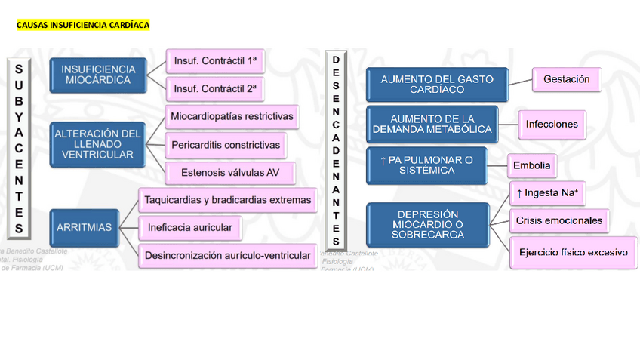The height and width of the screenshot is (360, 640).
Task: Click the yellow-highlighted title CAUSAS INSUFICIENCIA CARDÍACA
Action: coord(83,25)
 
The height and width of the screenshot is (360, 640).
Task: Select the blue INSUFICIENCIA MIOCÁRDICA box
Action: coord(98,75)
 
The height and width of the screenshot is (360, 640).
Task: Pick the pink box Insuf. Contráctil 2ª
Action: coord(214,88)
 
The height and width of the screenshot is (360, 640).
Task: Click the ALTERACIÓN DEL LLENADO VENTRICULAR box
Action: coord(97,144)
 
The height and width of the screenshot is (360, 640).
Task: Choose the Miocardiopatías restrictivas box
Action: coord(232,117)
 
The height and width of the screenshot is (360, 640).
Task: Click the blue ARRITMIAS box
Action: coord(85,226)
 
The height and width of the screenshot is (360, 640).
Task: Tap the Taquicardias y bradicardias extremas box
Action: coord(227,200)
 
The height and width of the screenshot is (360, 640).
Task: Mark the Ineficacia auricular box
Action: coord(189,226)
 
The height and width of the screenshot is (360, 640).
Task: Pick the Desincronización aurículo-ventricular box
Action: coord(227,255)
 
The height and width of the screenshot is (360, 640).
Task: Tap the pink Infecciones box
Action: coord(552,124)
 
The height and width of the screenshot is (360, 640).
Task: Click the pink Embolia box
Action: coord(532,165)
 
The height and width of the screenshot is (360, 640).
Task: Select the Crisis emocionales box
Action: coord(558,220)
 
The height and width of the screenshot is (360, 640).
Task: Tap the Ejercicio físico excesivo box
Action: coord(572,251)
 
